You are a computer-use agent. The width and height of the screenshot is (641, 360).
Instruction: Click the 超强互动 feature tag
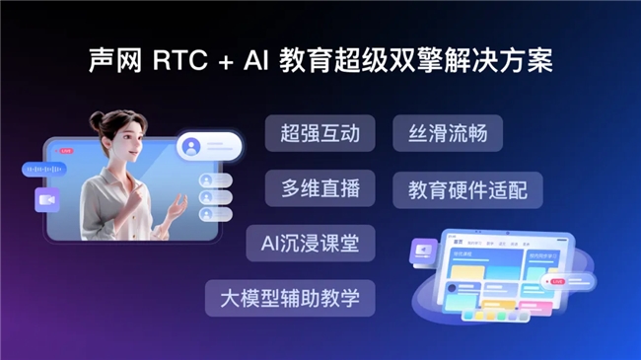[x=320, y=133]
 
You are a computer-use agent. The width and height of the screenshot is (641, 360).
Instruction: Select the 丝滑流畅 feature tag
[x=448, y=133]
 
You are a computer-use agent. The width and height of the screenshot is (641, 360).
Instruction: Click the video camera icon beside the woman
[x=46, y=199]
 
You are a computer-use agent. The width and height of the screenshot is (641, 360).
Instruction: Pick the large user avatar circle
[x=191, y=146]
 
